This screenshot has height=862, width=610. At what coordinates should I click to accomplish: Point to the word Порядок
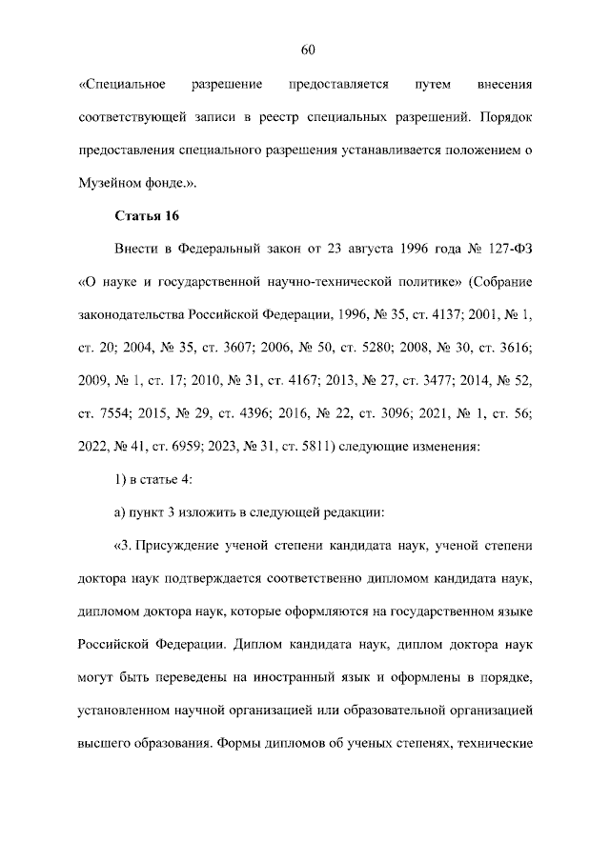(x=507, y=118)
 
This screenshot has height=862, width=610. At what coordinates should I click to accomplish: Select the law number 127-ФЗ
(x=511, y=251)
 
